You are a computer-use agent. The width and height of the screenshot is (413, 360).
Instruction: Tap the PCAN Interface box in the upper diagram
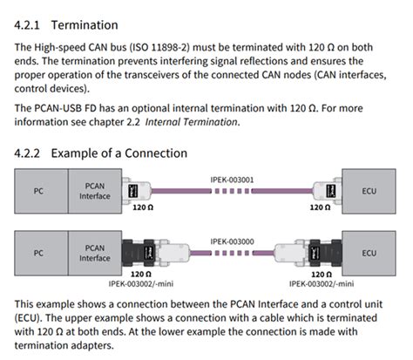[x=96, y=189]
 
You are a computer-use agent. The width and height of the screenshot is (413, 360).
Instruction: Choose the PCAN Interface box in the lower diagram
[x=96, y=252]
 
